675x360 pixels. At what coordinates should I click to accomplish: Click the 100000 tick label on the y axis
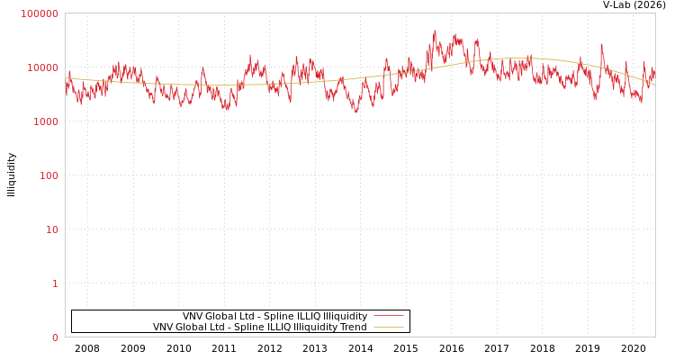[40, 13]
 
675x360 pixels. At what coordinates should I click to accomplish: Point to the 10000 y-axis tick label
[42, 67]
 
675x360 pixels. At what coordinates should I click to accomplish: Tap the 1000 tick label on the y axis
[45, 121]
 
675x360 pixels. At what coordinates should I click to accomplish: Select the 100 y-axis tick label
[48, 175]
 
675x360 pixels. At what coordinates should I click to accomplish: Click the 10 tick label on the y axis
[51, 229]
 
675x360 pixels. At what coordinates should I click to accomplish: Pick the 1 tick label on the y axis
[54, 283]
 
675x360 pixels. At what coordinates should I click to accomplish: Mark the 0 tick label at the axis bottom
[54, 337]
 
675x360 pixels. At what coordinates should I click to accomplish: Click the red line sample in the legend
[388, 316]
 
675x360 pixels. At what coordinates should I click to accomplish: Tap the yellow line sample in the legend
[388, 327]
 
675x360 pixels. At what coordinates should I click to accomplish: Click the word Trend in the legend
[354, 328]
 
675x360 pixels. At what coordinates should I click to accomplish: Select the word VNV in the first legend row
[193, 317]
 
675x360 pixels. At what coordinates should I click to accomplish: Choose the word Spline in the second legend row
[247, 328]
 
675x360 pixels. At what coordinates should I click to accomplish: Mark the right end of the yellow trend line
[654, 85]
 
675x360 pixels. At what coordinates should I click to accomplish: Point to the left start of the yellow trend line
[66, 78]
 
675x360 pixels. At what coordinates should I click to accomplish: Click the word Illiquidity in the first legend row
[346, 317]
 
